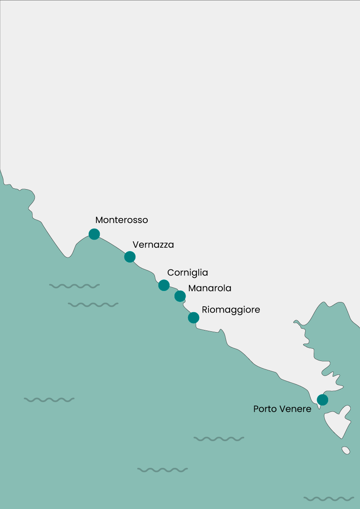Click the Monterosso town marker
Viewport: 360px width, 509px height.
[94, 234]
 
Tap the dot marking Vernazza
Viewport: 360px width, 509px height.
[130, 257]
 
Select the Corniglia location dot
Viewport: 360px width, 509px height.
[164, 285]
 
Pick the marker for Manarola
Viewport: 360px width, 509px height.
[180, 296]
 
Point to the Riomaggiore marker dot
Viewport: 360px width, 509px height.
[194, 317]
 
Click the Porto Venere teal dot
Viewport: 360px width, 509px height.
[323, 400]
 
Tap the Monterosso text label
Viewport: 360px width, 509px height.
[121, 220]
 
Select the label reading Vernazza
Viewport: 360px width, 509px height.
[153, 245]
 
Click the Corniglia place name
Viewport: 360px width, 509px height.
[188, 273]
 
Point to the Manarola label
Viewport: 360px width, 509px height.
[210, 288]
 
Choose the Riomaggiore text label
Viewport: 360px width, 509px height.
[231, 310]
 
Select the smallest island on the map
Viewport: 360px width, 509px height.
[346, 450]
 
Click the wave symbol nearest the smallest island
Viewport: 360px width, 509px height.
[329, 498]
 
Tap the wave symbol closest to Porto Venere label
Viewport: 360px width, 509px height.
[219, 439]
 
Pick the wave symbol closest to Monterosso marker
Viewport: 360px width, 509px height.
[74, 286]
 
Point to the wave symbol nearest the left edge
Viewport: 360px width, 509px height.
[49, 400]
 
